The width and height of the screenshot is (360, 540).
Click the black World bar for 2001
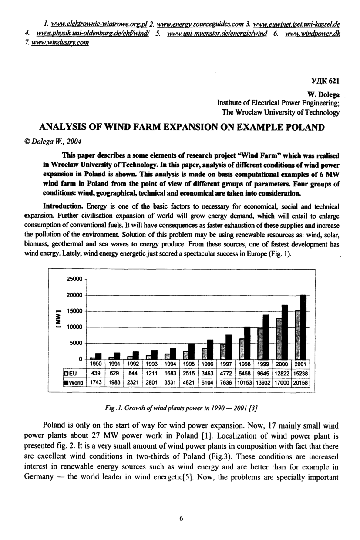point(303,327)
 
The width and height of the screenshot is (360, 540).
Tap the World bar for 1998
point(247,342)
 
